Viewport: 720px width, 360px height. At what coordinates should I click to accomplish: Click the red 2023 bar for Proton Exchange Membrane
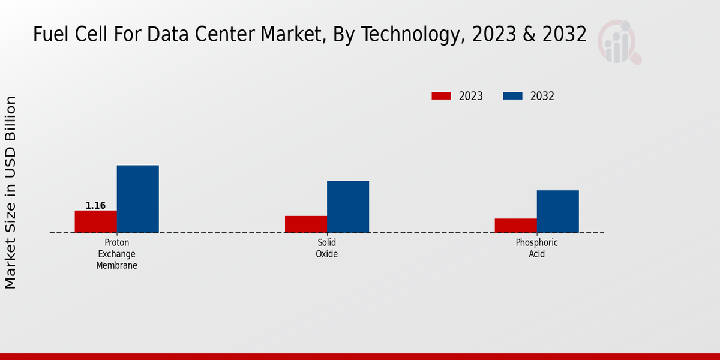[96, 221]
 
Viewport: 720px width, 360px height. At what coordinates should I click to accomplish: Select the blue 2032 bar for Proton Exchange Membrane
[138, 199]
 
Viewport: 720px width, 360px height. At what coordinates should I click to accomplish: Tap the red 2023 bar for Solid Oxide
[306, 224]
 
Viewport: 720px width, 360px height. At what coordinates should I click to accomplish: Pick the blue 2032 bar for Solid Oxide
[348, 206]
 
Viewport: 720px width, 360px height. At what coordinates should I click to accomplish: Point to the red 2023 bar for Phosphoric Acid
[516, 225]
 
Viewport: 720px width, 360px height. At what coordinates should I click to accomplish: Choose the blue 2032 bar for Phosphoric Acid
[558, 211]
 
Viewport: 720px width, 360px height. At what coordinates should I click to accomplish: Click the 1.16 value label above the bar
[95, 206]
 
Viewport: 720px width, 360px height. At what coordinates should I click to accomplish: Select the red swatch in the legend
[441, 96]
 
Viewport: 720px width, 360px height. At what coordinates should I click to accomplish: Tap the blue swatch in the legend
[512, 96]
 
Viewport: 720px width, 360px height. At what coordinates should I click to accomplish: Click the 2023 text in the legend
[471, 96]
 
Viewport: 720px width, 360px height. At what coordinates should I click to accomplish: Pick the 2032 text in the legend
[542, 96]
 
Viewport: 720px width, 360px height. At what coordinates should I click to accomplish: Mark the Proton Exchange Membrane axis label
[117, 254]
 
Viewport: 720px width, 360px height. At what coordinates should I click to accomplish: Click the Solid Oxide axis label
[327, 248]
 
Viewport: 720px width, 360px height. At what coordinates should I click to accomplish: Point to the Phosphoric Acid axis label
[537, 248]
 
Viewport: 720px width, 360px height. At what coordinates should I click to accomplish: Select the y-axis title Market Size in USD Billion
[11, 192]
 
